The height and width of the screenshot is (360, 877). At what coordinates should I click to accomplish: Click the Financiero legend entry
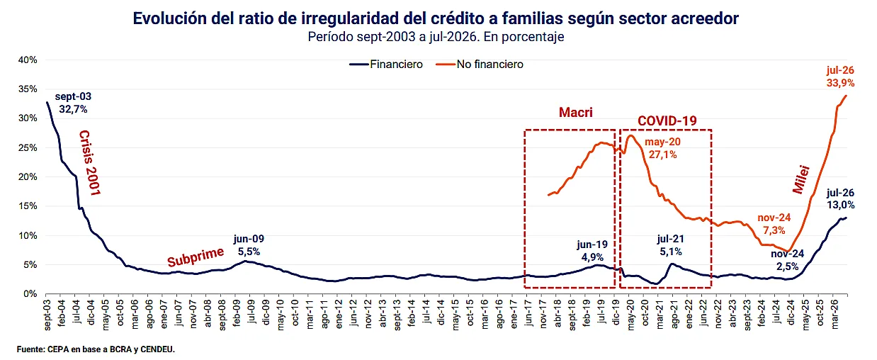point(386,64)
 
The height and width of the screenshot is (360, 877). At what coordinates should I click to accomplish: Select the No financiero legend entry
point(480,64)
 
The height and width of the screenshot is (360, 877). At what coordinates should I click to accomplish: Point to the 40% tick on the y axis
point(28,60)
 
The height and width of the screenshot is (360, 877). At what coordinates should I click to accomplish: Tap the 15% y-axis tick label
point(28,206)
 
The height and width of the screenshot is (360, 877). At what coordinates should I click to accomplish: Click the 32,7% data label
point(73,109)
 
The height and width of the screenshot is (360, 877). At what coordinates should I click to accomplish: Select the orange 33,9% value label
point(841,83)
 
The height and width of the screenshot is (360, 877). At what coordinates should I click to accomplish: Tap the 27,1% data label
point(663,154)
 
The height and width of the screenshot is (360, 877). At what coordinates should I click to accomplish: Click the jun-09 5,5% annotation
point(249,245)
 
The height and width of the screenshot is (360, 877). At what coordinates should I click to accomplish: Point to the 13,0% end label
point(841,205)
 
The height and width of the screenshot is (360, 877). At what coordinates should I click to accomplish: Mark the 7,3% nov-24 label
point(774,230)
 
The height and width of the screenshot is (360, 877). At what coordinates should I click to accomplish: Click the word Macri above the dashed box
point(575,113)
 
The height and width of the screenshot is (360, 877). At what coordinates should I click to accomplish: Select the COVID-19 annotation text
point(667,120)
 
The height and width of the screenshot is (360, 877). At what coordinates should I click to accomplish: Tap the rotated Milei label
point(801,180)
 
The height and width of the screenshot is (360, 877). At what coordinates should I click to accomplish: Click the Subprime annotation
point(196,257)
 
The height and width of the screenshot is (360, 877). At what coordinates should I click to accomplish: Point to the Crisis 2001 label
point(91,163)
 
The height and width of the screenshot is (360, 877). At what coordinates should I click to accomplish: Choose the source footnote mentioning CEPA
point(96,349)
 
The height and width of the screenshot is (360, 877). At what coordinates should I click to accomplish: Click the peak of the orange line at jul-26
point(847,95)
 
